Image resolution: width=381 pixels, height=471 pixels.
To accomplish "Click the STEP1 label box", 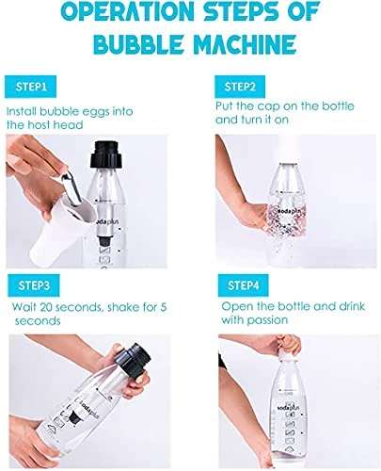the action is [x=30, y=87].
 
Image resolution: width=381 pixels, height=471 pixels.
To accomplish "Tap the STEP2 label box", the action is [x=240, y=87].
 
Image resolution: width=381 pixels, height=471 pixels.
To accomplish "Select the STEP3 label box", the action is [x=34, y=285].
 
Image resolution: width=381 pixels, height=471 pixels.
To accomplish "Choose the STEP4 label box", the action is [x=244, y=285].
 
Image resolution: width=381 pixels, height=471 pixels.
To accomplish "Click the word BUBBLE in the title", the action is [x=138, y=44].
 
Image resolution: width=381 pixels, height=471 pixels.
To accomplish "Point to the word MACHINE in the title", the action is [x=245, y=44].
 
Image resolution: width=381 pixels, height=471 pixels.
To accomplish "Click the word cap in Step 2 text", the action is [x=268, y=106].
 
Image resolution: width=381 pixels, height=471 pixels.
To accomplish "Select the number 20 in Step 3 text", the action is [x=47, y=307].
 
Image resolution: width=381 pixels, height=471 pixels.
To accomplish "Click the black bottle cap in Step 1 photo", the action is [x=105, y=154].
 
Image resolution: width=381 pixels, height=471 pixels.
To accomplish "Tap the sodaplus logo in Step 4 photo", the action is [x=289, y=408].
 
